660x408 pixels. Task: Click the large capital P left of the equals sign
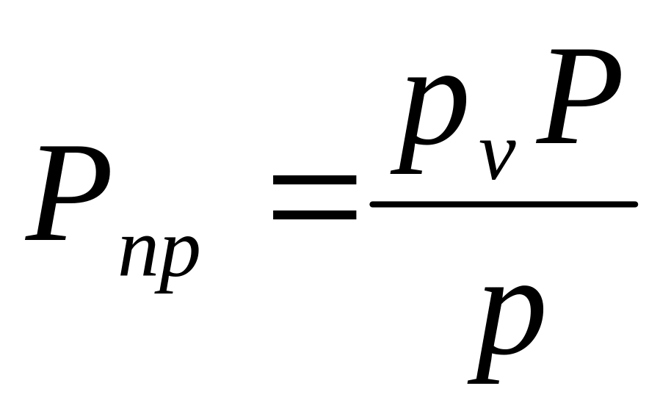(70, 194)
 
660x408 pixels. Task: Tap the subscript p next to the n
(178, 261)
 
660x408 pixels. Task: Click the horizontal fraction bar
(503, 204)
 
